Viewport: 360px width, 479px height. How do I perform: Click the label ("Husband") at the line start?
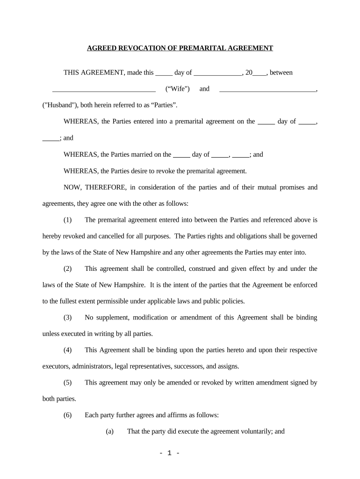pyautogui.click(x=60, y=105)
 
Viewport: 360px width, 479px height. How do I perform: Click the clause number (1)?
pyautogui.click(x=68, y=219)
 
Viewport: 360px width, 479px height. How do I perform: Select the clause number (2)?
pyautogui.click(x=68, y=269)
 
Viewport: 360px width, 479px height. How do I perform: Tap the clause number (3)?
pyautogui.click(x=68, y=318)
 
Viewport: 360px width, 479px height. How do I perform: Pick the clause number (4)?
pyautogui.click(x=68, y=350)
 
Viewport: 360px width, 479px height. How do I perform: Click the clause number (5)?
pyautogui.click(x=68, y=383)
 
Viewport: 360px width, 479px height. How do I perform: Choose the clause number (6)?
pyautogui.click(x=68, y=415)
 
